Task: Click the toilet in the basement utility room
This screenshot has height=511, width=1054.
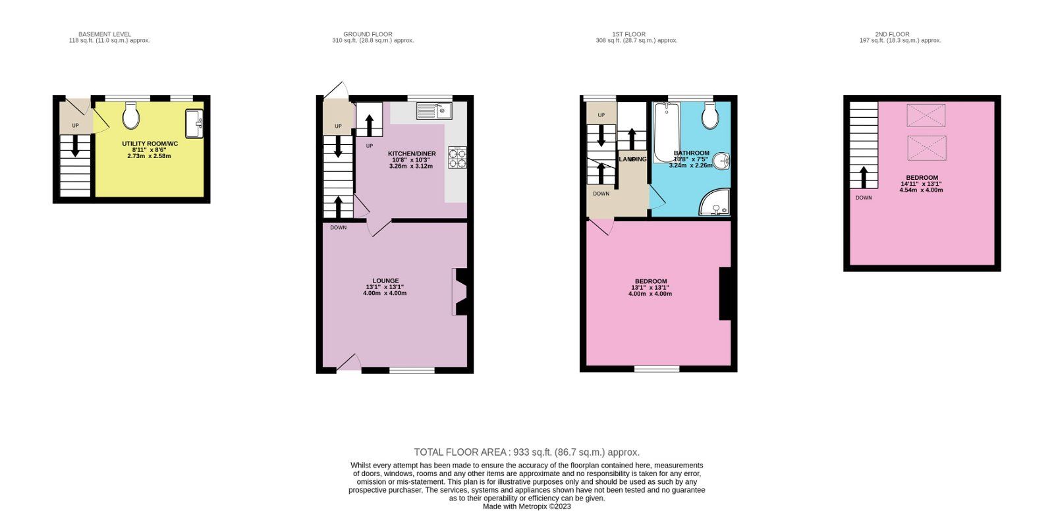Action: pyautogui.click(x=131, y=116)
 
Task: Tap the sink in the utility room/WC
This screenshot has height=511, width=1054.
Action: pyautogui.click(x=194, y=123)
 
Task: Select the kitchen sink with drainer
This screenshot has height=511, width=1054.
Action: pyautogui.click(x=434, y=111)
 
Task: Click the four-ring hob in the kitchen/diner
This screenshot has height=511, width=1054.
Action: pyautogui.click(x=457, y=157)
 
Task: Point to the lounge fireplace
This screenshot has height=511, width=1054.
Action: pyautogui.click(x=459, y=292)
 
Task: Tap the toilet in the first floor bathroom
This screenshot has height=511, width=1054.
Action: pyautogui.click(x=710, y=116)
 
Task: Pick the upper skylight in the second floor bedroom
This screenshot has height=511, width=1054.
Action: pyautogui.click(x=926, y=115)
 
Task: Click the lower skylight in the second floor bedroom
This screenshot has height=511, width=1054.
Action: pyautogui.click(x=926, y=148)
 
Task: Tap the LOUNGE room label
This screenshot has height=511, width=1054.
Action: pyautogui.click(x=385, y=281)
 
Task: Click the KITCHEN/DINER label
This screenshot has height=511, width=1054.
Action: pyautogui.click(x=412, y=153)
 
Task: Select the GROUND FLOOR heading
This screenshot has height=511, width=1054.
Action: pyautogui.click(x=368, y=34)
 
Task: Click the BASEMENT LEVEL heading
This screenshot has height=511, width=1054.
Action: pyautogui.click(x=105, y=34)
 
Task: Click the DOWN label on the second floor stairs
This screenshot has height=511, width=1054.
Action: pyautogui.click(x=864, y=198)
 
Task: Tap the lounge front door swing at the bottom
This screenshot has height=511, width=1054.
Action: pyautogui.click(x=350, y=363)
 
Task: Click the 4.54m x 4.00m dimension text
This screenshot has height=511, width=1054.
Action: pyautogui.click(x=921, y=190)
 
